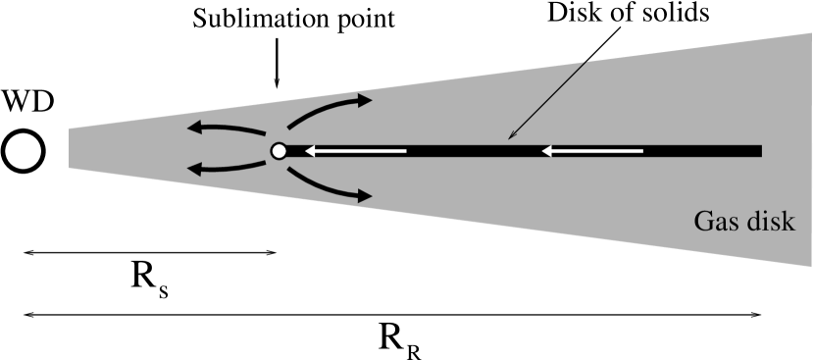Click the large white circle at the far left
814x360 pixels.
pos(23,151)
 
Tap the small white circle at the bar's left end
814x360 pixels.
pos(279,151)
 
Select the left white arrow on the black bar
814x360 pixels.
pos(355,151)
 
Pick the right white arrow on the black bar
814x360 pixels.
pos(593,151)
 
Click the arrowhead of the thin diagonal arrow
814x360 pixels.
pos(510,137)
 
